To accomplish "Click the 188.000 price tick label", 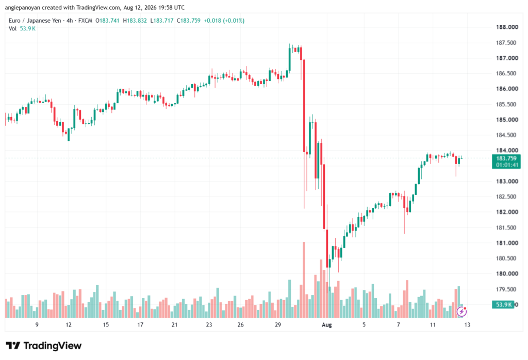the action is point(507,27).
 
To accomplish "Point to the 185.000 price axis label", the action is point(507,120).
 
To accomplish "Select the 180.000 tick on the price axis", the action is point(507,273).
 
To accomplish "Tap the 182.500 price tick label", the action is point(506,197).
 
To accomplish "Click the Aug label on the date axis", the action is point(326,324).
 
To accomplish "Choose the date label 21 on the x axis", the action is point(174,324).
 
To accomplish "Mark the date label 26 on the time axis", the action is point(240,324).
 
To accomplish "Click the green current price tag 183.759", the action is point(506,158).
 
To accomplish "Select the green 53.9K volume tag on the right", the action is point(503,305).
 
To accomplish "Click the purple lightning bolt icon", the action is point(461,312).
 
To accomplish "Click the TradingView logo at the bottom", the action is point(44,346).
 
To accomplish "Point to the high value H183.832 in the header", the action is point(135,21).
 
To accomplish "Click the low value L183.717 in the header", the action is point(161,21).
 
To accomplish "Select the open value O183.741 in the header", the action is point(107,21).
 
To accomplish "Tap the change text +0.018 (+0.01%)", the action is point(224,21).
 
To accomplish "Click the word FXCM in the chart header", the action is point(85,21).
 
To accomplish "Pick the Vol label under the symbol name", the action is point(12,29).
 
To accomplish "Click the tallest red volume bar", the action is point(304,280).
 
